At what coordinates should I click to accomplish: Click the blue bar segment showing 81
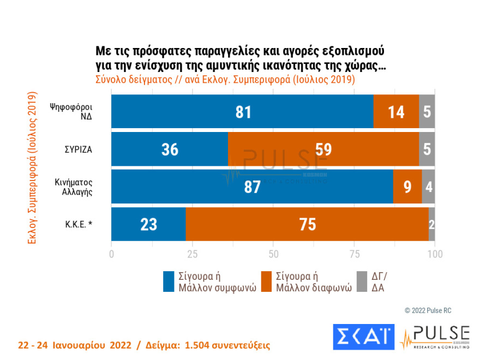242,111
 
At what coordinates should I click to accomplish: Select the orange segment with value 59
323,149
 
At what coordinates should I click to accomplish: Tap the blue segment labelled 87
252,187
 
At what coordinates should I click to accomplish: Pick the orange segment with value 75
307,224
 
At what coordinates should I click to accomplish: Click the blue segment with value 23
148,224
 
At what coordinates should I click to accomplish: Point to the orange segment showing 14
396,111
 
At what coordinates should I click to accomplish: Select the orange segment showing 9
407,187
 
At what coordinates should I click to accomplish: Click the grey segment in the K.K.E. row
431,224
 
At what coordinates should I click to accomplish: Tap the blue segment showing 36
170,149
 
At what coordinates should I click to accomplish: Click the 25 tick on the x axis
192,253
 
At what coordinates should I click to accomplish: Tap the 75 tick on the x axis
354,253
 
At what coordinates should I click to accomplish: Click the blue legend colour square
169,281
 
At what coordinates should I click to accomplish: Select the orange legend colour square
267,281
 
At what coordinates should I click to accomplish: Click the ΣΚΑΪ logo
363,337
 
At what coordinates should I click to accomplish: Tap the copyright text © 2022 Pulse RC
428,310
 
